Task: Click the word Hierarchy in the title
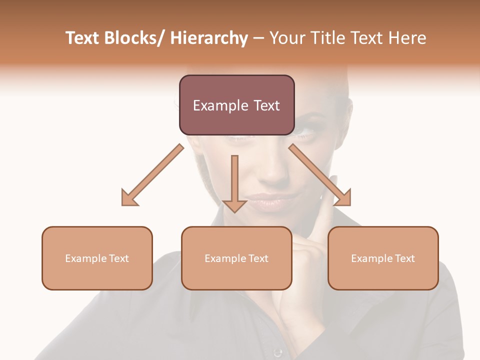tap(209, 38)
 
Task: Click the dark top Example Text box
tap(236, 105)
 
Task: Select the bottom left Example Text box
tap(97, 258)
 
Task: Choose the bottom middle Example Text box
tap(236, 258)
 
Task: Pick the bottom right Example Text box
tap(383, 258)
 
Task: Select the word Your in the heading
tap(286, 38)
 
